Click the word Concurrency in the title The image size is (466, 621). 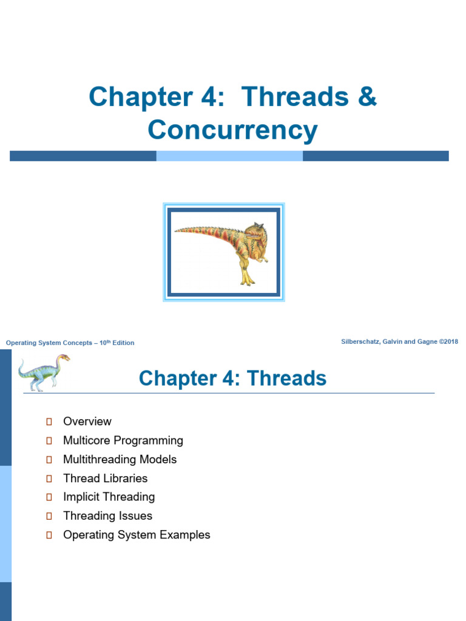pos(232,130)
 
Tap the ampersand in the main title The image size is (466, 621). pos(367,96)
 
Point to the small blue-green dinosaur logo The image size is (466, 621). pos(44,373)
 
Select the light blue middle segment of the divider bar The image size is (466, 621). pos(229,156)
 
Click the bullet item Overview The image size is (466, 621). pos(87,421)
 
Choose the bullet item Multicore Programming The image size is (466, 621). pos(123,440)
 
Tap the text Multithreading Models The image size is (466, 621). pos(120,460)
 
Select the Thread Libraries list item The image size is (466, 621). pos(106,478)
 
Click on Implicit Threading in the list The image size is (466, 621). pos(109,497)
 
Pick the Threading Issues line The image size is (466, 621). pos(108,515)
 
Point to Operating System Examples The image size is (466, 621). pos(137,535)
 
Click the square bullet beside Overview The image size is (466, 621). pos(49,421)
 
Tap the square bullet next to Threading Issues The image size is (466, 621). pos(49,516)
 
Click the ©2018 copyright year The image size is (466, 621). pos(448,341)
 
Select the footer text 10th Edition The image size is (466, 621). pos(117,343)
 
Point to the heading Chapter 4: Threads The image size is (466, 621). pos(232,378)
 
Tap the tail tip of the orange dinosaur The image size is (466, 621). pos(175,230)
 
